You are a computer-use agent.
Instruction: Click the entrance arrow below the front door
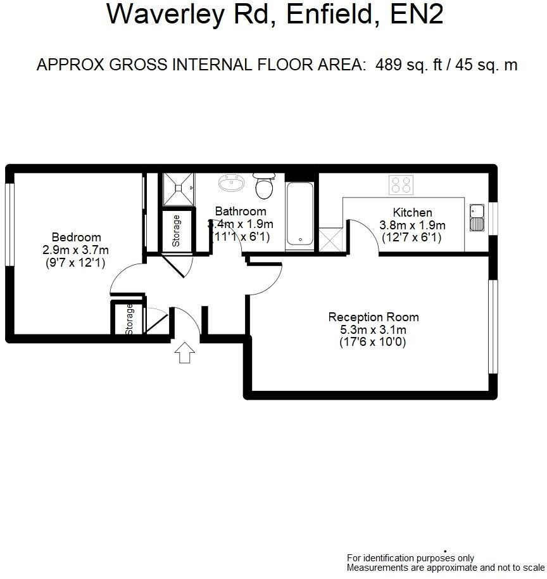pos(184,352)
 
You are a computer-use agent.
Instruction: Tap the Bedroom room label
pos(76,238)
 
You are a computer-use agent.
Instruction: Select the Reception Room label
pos(373,317)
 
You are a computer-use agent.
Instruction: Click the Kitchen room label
pos(412,212)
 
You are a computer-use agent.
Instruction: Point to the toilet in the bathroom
pos(263,185)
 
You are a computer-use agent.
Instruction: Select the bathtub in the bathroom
pos(299,214)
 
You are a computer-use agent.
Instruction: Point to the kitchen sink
pos(476,217)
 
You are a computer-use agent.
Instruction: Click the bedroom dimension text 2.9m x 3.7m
pos(76,250)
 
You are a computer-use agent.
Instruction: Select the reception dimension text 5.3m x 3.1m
pos(373,329)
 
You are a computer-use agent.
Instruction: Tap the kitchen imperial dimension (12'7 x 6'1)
pos(412,238)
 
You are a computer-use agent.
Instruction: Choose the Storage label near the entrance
pos(130,319)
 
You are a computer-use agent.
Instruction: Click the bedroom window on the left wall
pos(9,224)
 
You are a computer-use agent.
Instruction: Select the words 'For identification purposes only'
pos(410,558)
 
